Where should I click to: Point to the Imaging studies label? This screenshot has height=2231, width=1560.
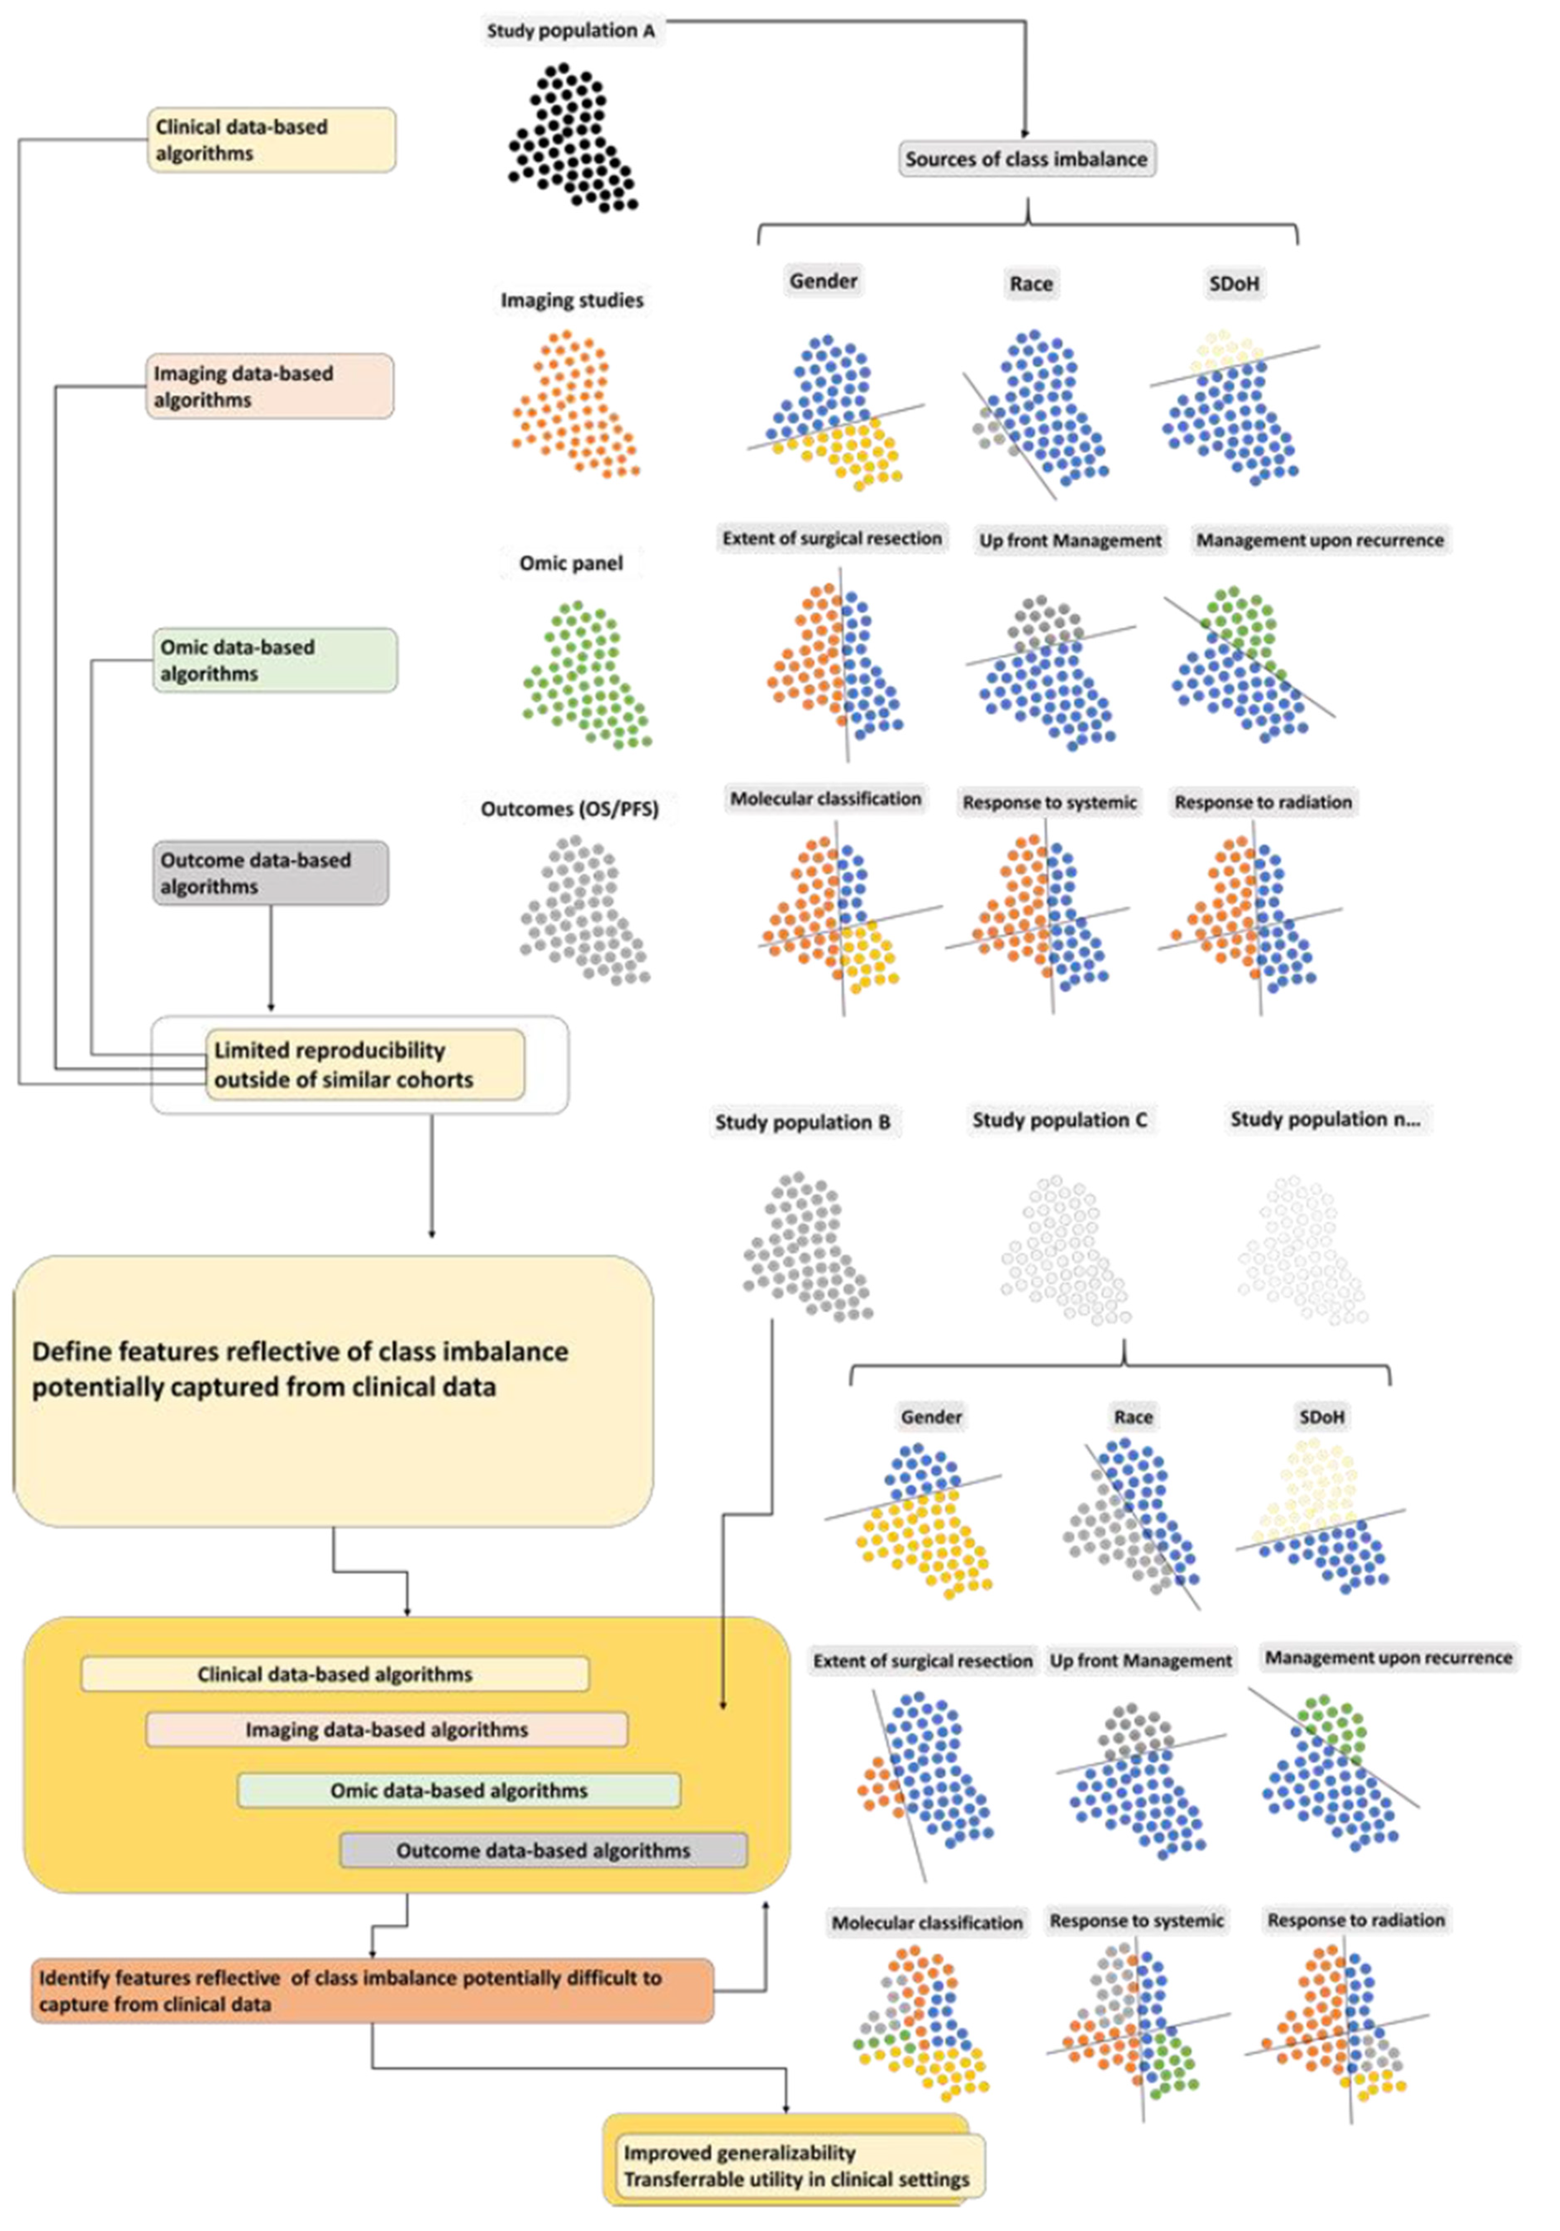[x=571, y=300]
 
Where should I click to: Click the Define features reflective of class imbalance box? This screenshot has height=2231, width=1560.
[x=332, y=1389]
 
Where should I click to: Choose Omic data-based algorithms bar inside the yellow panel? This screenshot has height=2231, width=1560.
[x=459, y=1790]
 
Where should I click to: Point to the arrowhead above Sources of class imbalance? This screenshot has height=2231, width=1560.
[x=1025, y=133]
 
